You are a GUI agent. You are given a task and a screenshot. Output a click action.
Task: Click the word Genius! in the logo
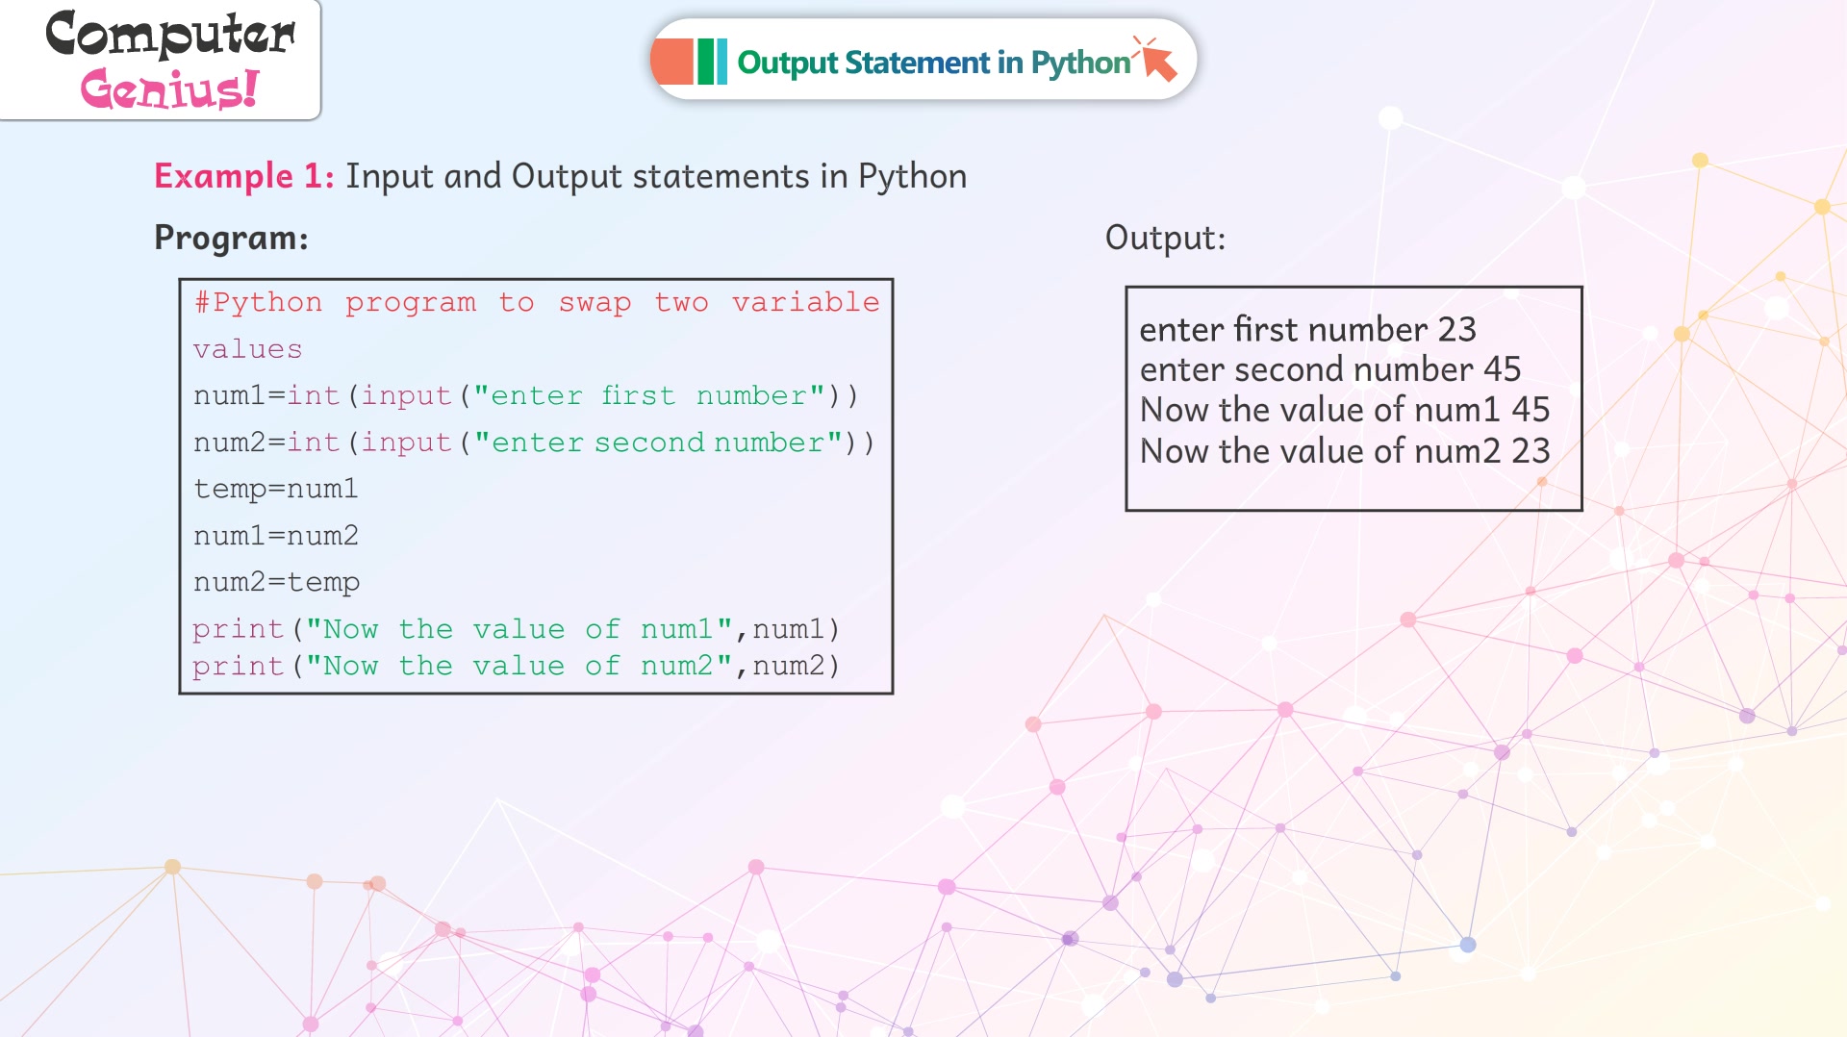[169, 89]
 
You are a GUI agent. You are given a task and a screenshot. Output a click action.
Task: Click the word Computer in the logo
[170, 35]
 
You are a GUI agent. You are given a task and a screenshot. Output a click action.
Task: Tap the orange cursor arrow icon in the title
[1155, 59]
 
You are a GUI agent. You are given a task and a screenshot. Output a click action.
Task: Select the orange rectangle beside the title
[672, 62]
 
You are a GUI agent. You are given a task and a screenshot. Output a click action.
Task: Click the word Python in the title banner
[1080, 63]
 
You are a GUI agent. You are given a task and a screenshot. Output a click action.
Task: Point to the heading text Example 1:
[244, 176]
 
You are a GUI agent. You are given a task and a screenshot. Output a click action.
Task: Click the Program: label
[231, 238]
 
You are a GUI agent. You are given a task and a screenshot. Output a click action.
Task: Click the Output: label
[1165, 238]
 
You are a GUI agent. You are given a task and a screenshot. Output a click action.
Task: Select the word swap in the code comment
[595, 302]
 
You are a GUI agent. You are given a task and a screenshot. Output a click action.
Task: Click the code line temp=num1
[276, 489]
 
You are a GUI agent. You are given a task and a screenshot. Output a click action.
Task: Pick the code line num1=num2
[276, 535]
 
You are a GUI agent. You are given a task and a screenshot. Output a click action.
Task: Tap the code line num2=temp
[277, 582]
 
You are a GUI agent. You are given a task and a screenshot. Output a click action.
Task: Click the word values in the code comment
[248, 349]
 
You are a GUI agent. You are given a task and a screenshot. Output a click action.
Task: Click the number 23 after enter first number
[1456, 330]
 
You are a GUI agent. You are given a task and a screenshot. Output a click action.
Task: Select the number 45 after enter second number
[1502, 369]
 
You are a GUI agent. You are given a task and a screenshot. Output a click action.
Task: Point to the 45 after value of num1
[1531, 410]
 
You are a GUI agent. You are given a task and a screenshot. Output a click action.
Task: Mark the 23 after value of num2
[1531, 451]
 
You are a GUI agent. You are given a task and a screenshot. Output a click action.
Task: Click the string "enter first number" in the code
[649, 395]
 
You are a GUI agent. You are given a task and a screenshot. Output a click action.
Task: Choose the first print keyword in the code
[239, 629]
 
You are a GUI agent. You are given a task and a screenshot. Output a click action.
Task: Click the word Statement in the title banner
[919, 63]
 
